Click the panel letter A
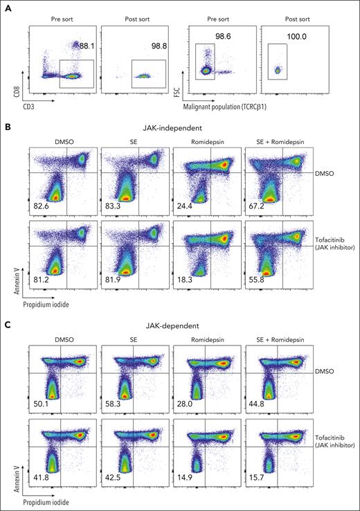pos(6,6)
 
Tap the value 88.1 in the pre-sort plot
pos(87,46)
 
